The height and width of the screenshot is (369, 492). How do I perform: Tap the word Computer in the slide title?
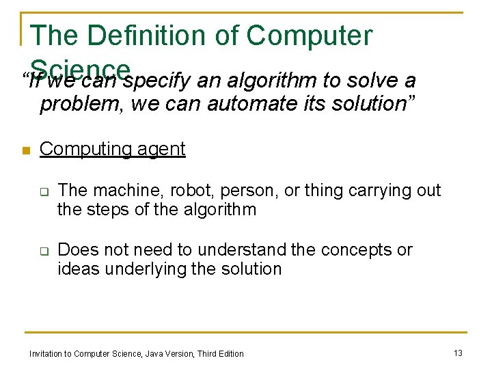click(310, 36)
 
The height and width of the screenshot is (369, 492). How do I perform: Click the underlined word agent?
click(159, 149)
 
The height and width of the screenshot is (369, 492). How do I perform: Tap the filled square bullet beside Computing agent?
click(25, 151)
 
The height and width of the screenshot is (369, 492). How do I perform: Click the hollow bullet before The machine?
click(43, 192)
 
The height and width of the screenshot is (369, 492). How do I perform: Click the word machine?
click(124, 191)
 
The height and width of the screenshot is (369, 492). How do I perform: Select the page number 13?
click(458, 353)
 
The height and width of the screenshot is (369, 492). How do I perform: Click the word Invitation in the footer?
click(44, 353)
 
